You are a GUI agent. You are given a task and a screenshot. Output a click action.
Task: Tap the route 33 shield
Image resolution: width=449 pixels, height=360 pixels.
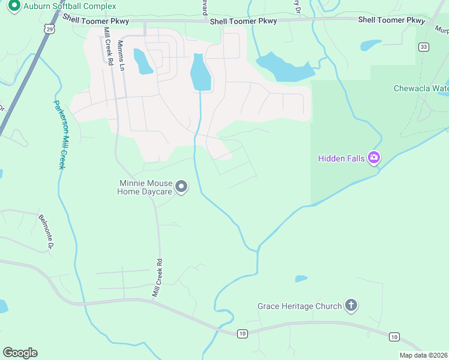(424, 46)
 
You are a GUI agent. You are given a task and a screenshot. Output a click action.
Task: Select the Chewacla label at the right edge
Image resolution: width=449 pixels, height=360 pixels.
(421, 88)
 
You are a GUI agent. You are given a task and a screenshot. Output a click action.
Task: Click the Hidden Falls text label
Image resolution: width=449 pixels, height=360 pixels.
(342, 158)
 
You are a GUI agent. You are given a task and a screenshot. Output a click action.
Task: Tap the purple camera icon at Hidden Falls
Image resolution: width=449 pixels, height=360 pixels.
(375, 158)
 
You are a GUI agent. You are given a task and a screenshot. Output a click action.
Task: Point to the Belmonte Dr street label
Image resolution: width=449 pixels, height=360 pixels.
(46, 232)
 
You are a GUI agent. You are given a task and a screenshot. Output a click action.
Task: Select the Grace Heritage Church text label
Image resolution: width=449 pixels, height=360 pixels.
(300, 306)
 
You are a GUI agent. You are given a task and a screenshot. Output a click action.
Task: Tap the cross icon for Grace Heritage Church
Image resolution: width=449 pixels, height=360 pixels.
(351, 306)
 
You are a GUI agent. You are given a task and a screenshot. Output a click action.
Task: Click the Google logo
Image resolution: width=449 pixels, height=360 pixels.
(20, 353)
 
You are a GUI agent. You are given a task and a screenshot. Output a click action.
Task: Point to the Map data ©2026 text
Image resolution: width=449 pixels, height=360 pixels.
(423, 355)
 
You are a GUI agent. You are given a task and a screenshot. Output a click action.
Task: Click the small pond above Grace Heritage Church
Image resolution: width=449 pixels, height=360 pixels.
(301, 278)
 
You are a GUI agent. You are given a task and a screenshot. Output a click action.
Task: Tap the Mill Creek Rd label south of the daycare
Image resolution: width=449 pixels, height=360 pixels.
(157, 278)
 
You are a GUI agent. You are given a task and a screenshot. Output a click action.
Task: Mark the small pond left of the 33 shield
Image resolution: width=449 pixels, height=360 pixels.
(370, 45)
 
